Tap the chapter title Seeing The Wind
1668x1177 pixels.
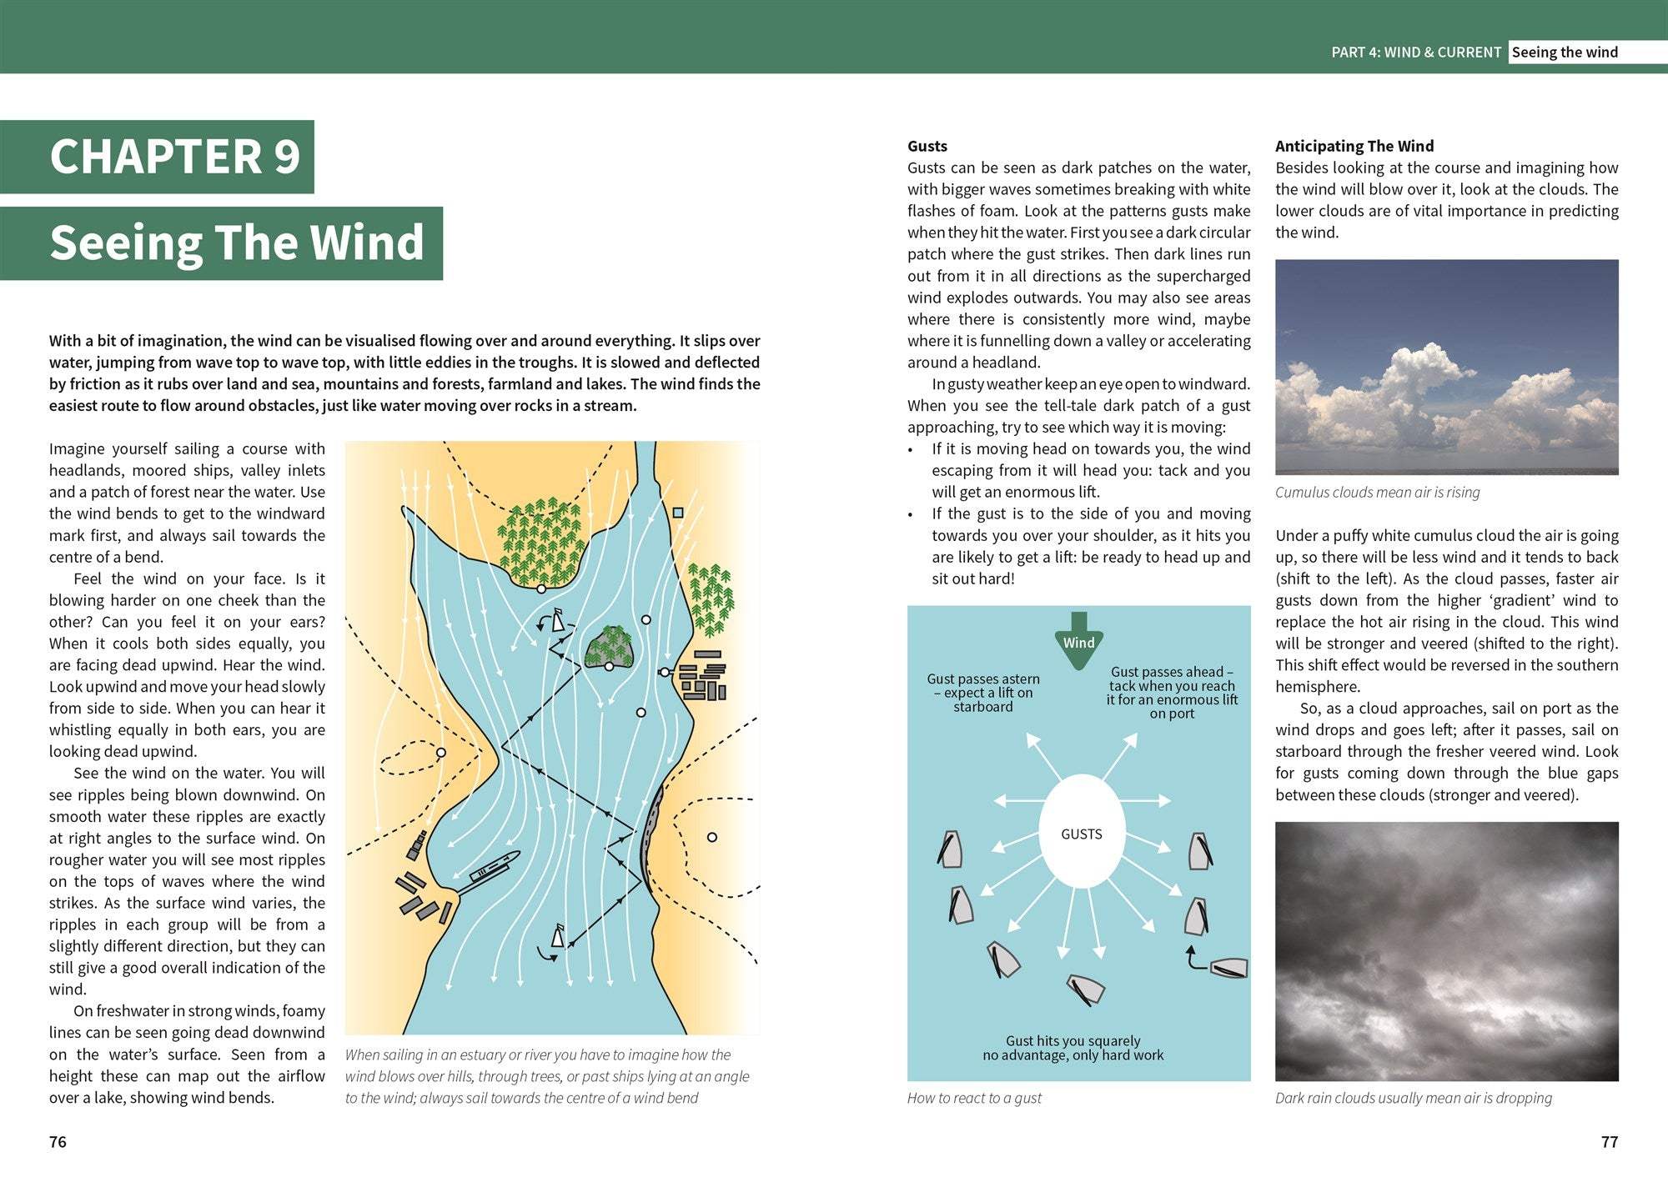coord(237,243)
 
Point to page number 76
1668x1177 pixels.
coord(58,1142)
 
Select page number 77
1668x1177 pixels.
coord(1609,1142)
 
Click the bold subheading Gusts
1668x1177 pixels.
coord(927,146)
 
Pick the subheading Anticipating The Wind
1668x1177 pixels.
coord(1354,146)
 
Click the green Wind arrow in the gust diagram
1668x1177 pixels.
coord(1078,641)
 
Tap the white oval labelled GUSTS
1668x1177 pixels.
coord(1082,833)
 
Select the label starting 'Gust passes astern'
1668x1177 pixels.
coord(983,693)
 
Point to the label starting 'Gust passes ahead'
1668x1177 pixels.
coord(1172,692)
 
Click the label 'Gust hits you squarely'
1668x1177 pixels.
coord(1073,1048)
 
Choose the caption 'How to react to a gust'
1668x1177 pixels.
coord(974,1098)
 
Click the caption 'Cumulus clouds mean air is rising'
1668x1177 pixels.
coord(1377,492)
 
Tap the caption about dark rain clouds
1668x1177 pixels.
coord(1413,1098)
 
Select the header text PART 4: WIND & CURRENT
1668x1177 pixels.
coord(1415,53)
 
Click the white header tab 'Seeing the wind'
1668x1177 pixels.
coord(1565,53)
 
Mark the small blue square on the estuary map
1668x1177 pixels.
coord(678,513)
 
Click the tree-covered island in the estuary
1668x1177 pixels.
coord(610,647)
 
